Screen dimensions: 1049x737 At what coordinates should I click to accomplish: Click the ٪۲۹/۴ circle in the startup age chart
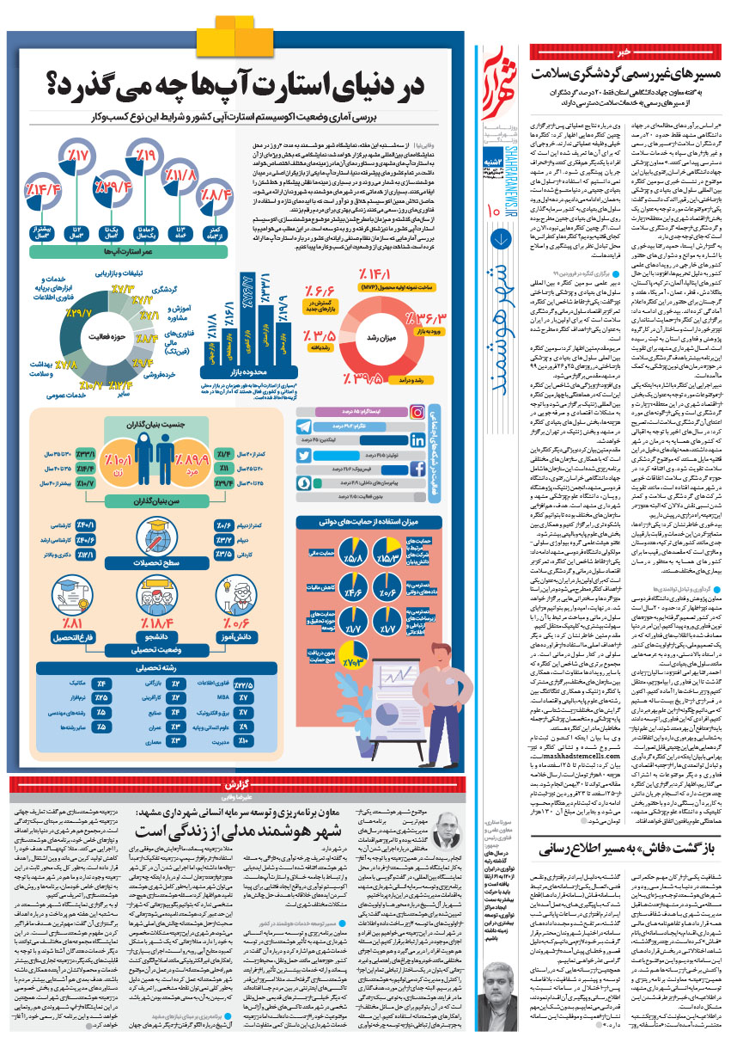point(113,184)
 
